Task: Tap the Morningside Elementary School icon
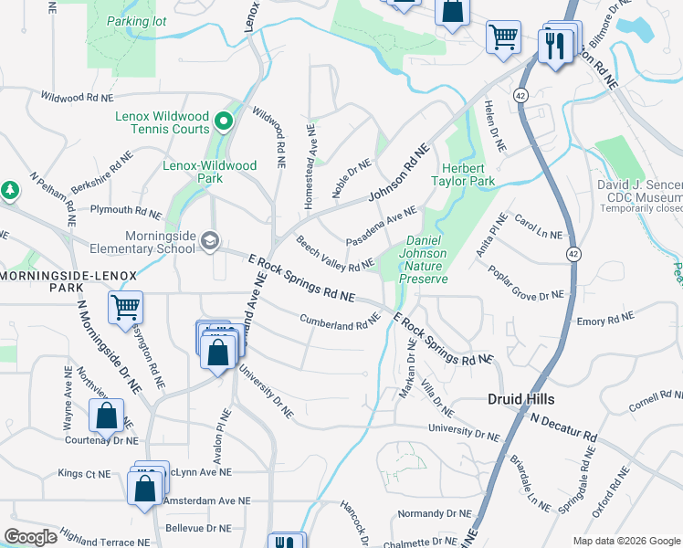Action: [211, 240]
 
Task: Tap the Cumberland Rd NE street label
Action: [340, 321]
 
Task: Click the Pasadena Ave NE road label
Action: [381, 229]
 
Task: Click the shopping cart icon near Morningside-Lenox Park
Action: [125, 309]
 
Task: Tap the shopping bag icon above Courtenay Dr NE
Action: [106, 416]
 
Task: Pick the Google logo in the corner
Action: [31, 537]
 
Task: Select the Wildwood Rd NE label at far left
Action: [77, 97]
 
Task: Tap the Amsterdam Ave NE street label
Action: [206, 501]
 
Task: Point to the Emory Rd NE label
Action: [604, 321]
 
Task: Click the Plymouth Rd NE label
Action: [125, 212]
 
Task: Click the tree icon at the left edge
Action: [10, 189]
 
